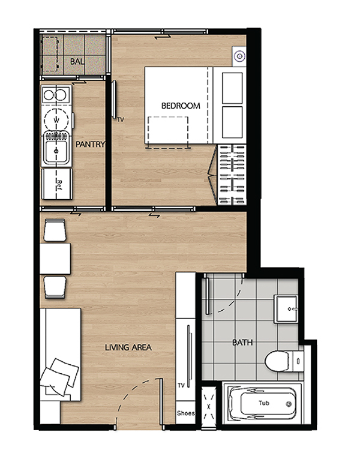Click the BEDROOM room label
click(x=181, y=106)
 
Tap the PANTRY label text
click(x=90, y=144)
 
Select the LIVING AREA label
click(x=128, y=347)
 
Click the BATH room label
click(x=242, y=343)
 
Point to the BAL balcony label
click(x=77, y=62)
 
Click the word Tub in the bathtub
click(x=263, y=403)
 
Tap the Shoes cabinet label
click(x=185, y=413)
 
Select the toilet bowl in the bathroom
click(x=277, y=361)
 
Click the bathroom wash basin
click(x=286, y=309)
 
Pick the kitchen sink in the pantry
click(x=56, y=150)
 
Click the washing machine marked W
click(x=56, y=120)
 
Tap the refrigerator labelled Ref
click(x=56, y=184)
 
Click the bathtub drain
click(x=289, y=404)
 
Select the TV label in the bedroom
click(x=121, y=119)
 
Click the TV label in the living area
click(x=181, y=385)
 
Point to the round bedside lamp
click(x=239, y=56)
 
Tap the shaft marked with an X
click(x=209, y=407)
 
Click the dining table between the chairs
click(x=55, y=259)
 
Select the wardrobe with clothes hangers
click(x=232, y=175)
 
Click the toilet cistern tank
click(x=298, y=361)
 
